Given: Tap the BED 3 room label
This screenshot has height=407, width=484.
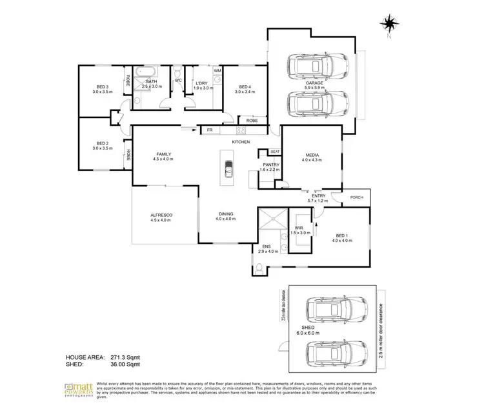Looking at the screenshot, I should pyautogui.click(x=102, y=87).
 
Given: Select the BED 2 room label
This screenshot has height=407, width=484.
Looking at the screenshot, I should pyautogui.click(x=102, y=143).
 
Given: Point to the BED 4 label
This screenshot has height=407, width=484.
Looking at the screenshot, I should pyautogui.click(x=245, y=87).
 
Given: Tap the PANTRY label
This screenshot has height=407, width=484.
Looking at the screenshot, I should pyautogui.click(x=269, y=165).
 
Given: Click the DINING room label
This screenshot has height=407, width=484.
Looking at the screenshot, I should pyautogui.click(x=225, y=214).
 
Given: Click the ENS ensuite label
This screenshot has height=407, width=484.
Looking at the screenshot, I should pyautogui.click(x=266, y=246).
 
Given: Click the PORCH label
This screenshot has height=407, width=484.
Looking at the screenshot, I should pyautogui.click(x=356, y=197).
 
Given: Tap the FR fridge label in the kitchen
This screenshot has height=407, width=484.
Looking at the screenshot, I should pyautogui.click(x=209, y=130).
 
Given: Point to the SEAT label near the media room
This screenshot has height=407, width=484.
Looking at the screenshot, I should pyautogui.click(x=274, y=151).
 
